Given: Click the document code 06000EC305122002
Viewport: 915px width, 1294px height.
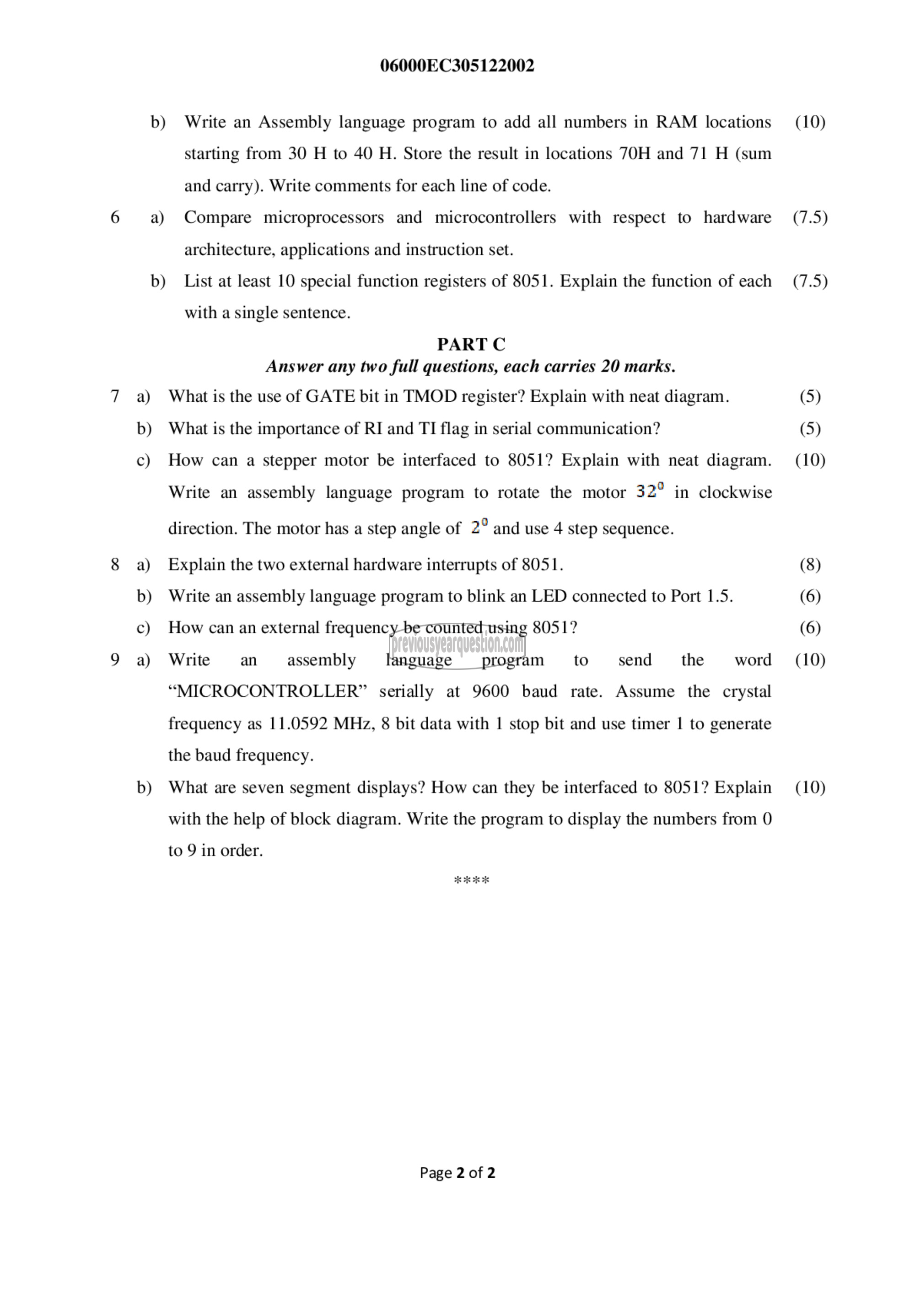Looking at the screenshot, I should (457, 66).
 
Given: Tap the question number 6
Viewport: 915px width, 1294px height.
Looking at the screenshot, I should (115, 217).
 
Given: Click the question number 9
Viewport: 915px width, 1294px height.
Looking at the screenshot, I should (115, 659).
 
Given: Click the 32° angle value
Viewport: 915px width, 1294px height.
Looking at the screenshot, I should (650, 491).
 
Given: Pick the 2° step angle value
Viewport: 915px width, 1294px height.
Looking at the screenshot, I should (479, 527).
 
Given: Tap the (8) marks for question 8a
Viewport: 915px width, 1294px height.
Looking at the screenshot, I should (810, 564).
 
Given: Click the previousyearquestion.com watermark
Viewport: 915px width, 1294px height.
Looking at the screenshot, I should (457, 643).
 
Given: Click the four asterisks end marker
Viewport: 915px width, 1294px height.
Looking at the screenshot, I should (471, 880).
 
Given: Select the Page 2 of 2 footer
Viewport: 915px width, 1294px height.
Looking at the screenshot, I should (457, 1173).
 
